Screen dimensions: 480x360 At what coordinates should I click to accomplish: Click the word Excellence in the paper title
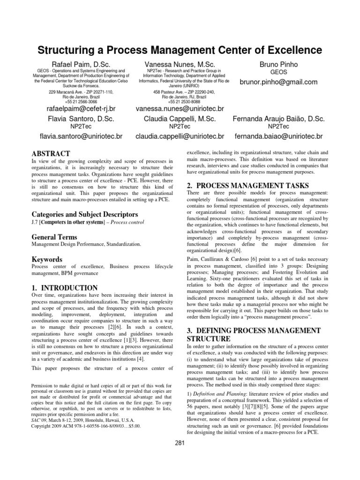(x=293, y=50)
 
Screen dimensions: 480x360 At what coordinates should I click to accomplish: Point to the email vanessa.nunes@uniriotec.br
(x=180, y=109)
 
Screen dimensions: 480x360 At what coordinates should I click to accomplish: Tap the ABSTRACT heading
(x=51, y=154)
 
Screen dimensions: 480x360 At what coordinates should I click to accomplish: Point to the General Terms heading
(x=54, y=237)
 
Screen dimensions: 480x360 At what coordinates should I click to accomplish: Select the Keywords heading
(x=46, y=259)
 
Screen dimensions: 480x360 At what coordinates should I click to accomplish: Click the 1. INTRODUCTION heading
(x=64, y=288)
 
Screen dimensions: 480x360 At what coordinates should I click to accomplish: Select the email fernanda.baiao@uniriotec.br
(x=278, y=136)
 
